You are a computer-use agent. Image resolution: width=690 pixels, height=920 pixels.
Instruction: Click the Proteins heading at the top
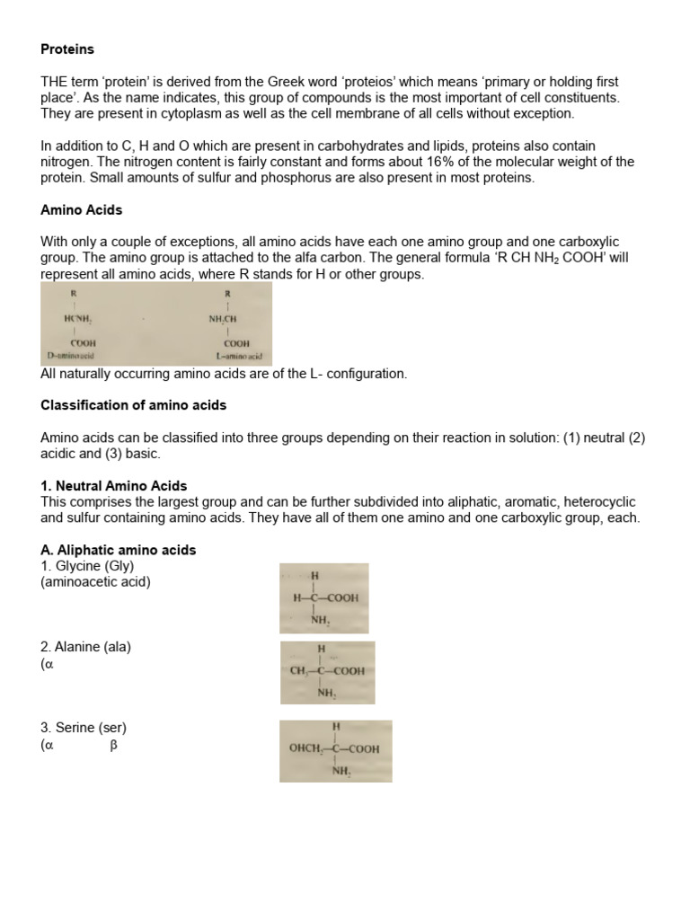(67, 49)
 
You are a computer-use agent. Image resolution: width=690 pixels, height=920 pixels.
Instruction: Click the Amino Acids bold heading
(82, 209)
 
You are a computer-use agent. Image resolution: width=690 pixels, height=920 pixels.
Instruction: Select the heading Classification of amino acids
(133, 405)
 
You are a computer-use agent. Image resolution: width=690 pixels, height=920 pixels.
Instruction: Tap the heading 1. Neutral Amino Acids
(114, 486)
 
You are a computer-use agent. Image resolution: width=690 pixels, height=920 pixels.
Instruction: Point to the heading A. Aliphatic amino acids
(118, 550)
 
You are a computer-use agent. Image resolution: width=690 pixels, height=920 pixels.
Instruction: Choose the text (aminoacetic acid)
(96, 582)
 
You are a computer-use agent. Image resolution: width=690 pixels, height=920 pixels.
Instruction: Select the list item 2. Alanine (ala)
(85, 647)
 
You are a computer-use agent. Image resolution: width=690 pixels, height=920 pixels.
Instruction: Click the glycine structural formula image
(323, 598)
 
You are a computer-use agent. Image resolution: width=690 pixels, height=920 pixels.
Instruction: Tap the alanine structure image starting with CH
(327, 672)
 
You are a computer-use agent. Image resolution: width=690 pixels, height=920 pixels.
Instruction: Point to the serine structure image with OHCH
(335, 750)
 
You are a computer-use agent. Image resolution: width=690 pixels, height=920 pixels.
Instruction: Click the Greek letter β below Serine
(114, 745)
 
